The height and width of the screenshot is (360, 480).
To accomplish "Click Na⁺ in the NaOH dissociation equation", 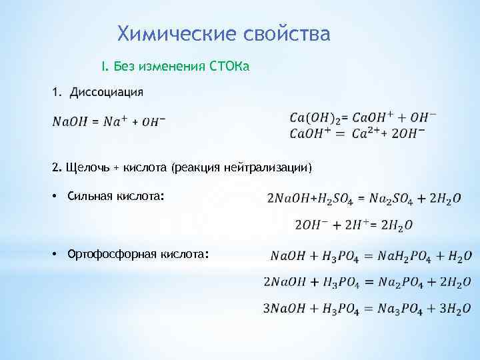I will point(113,121).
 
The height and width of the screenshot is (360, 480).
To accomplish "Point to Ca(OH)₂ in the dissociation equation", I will point(315,118).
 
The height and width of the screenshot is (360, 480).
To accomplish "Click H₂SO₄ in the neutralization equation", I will point(331,199).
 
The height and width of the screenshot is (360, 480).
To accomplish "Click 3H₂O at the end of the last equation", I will point(455,309).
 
